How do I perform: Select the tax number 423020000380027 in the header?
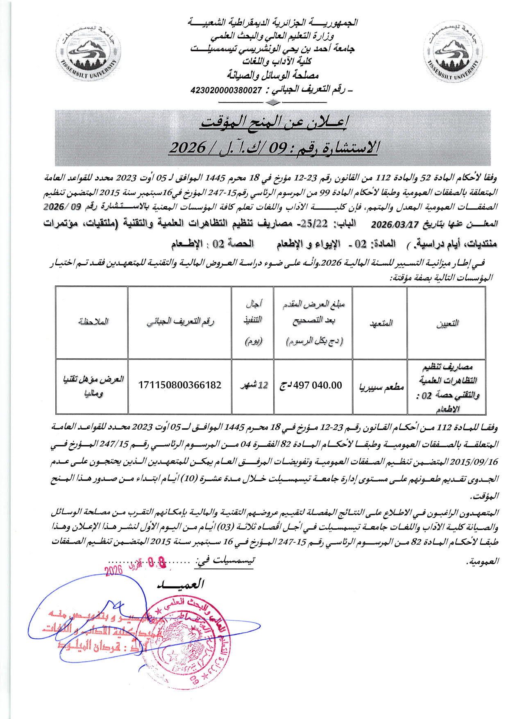(x=226, y=90)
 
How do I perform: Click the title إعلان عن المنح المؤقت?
(x=274, y=122)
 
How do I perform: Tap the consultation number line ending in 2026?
(x=274, y=147)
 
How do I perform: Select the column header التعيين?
(x=447, y=323)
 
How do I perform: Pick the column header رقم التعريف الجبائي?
(x=180, y=322)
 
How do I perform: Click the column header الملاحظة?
(x=92, y=322)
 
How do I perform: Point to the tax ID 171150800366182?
(x=180, y=385)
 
